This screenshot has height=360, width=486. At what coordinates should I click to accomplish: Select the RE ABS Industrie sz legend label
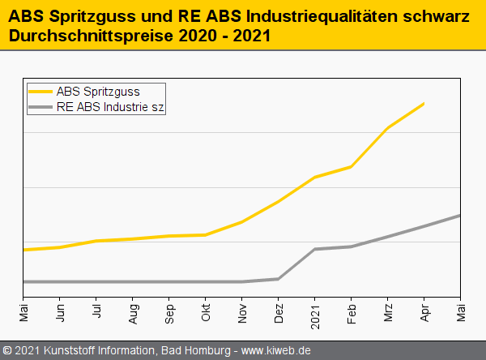(x=110, y=106)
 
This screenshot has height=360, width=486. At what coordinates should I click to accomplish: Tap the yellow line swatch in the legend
(x=40, y=92)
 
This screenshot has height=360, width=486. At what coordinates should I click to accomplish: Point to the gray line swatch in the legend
(x=40, y=106)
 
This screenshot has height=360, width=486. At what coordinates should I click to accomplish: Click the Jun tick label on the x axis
(x=60, y=313)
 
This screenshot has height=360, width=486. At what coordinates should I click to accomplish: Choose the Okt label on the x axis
(x=206, y=313)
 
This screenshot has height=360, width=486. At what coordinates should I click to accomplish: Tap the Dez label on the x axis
(x=279, y=313)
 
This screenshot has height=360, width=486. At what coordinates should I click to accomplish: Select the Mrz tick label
(x=388, y=313)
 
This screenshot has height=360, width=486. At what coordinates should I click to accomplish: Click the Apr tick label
(x=424, y=313)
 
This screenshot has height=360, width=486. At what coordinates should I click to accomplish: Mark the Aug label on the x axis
(x=133, y=313)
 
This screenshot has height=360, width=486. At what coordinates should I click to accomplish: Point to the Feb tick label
(x=352, y=313)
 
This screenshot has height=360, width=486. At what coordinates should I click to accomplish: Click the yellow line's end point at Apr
(x=424, y=104)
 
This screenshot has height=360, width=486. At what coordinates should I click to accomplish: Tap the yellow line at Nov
(x=242, y=221)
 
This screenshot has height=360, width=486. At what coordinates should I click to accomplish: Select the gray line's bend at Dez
(x=279, y=279)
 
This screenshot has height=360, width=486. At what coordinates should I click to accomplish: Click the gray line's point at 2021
(x=315, y=249)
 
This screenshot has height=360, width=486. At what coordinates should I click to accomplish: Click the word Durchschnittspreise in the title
(x=83, y=36)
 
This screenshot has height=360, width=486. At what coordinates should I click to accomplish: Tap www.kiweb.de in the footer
(x=276, y=351)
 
